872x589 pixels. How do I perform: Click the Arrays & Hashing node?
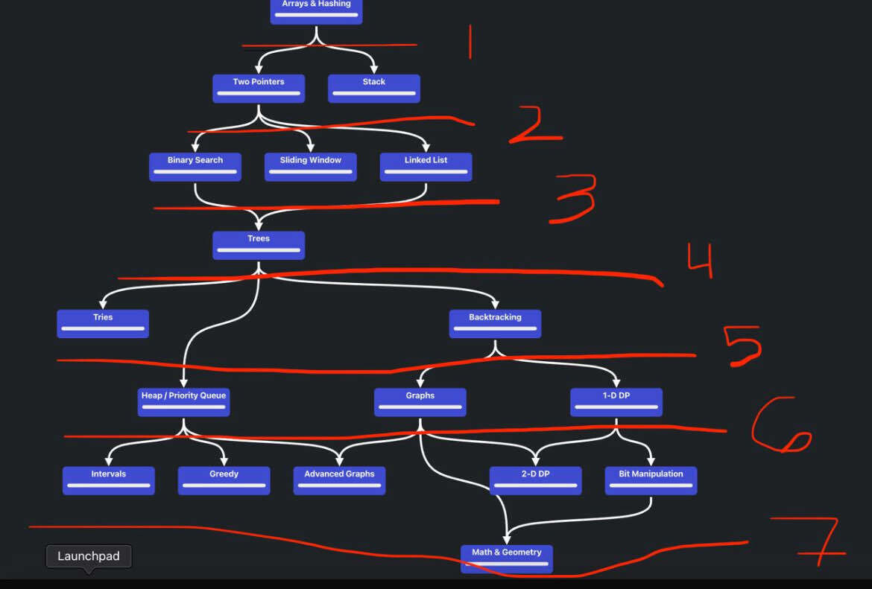coord(317,11)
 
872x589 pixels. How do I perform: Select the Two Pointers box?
coord(259,89)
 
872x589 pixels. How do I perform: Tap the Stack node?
coord(374,89)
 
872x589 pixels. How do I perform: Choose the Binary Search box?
coord(195,167)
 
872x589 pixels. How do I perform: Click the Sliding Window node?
coord(310,167)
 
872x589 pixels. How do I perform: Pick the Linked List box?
coord(426,167)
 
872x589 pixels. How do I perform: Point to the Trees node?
coord(259,245)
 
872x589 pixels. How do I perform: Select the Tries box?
coord(103,323)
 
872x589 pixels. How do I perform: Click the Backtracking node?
coord(495,323)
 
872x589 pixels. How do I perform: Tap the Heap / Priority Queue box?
coord(183,402)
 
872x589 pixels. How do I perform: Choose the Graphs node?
coord(420,402)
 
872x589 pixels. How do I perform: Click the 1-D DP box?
coord(616,402)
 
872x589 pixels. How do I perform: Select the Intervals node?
coord(109,480)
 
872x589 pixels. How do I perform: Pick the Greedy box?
coord(224,480)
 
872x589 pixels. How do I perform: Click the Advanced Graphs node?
coord(339,480)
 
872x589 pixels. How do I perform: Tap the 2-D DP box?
coord(536,480)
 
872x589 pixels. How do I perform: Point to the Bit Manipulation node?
coord(651,480)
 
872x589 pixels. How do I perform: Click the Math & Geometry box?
coord(507,558)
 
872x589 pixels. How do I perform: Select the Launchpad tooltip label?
coord(89,556)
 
